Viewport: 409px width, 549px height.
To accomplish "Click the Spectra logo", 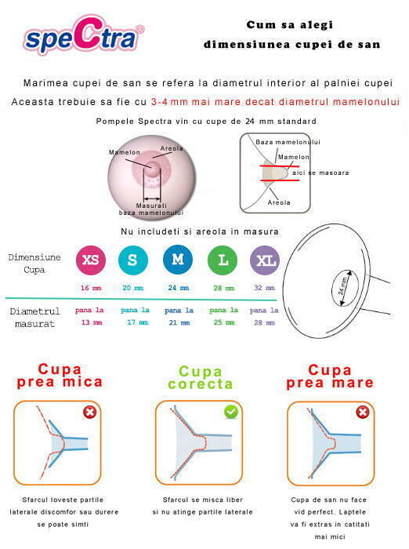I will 84,36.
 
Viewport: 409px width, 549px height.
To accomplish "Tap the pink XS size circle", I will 90,260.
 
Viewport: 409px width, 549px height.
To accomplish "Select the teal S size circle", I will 133,260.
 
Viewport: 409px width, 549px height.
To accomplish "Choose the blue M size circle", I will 178,260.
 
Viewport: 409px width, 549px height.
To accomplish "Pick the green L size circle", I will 222,260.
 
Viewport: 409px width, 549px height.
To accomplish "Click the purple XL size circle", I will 264,260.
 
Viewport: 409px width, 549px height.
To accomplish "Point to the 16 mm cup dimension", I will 90,288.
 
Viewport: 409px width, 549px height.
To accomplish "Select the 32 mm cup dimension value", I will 264,288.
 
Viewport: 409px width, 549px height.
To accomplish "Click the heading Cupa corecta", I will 200,377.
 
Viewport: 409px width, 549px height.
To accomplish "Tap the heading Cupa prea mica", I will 60,376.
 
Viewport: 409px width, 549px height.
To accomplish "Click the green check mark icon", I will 231,412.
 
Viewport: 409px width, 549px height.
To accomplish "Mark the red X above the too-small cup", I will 90,413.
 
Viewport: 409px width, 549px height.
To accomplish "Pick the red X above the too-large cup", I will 363,413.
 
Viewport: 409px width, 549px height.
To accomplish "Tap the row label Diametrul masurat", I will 34,318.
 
